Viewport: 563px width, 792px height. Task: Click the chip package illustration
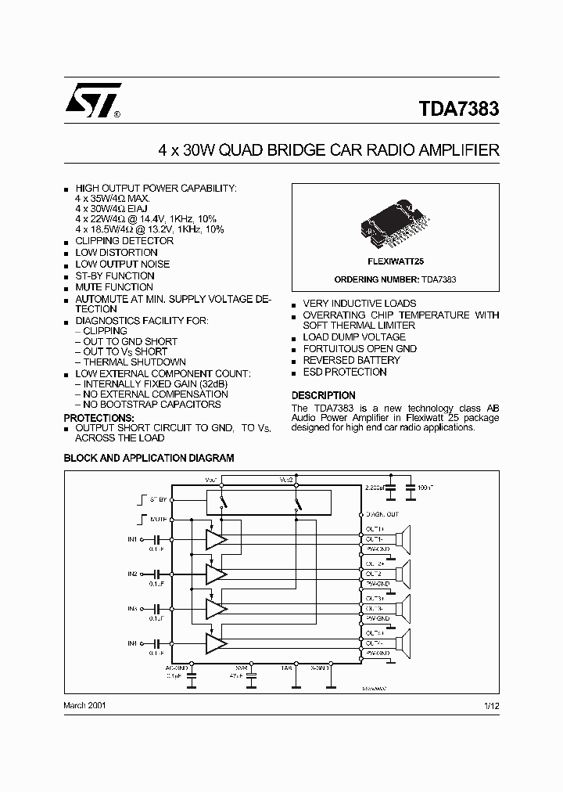pos(395,223)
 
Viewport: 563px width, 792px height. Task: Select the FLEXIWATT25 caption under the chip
pos(395,263)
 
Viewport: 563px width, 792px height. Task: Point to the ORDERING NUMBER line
pos(395,279)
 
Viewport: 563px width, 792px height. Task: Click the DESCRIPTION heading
pos(323,395)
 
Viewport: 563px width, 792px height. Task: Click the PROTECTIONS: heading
pos(95,418)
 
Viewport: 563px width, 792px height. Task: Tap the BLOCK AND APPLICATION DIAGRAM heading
pos(149,459)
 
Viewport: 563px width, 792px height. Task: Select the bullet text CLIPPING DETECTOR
pos(124,241)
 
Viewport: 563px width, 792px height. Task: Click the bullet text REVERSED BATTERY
pos(351,361)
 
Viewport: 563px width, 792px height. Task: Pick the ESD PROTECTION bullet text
pos(345,373)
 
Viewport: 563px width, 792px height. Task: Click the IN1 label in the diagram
pos(132,539)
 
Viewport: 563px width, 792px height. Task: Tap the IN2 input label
pos(132,574)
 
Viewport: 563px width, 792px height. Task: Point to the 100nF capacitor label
pos(426,488)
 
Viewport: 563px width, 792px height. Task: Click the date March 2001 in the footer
pos(84,705)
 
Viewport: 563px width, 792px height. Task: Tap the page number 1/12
pos(491,705)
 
